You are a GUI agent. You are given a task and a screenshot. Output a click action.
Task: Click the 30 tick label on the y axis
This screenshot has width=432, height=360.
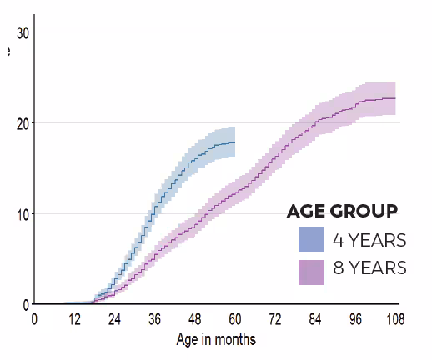point(23,32)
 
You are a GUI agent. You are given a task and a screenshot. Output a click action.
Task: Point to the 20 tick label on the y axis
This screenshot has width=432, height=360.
point(23,123)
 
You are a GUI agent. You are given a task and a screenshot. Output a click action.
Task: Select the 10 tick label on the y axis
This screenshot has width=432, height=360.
point(23,214)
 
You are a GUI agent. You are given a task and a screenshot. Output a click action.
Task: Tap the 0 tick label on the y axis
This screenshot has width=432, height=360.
point(26,304)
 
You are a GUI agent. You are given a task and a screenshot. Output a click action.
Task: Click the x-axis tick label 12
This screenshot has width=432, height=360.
point(74,318)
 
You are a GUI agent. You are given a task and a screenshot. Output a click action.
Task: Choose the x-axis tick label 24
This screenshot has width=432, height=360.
point(114,318)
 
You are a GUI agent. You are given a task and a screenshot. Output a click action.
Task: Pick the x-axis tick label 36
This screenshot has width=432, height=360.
point(154,318)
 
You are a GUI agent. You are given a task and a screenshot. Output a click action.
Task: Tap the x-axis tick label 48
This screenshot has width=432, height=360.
point(194,318)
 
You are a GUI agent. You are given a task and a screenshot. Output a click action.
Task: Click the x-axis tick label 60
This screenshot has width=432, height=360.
point(235,318)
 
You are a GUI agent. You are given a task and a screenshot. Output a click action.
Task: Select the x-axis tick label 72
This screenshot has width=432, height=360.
point(275,318)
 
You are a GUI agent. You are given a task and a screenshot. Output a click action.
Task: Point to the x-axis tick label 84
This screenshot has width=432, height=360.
point(315,318)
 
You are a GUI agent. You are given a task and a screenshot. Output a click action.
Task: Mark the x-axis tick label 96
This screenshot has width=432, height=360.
point(355,318)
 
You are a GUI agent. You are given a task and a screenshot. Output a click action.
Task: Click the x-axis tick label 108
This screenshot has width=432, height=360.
point(394,318)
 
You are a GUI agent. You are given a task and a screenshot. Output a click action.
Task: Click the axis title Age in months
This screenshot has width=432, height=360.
point(216,339)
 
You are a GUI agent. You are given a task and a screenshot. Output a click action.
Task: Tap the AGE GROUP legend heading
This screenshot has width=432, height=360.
point(341,210)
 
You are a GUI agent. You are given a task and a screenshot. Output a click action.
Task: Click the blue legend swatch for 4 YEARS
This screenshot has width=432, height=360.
point(311,239)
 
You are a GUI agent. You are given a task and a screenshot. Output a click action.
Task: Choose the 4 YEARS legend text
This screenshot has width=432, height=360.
point(369,240)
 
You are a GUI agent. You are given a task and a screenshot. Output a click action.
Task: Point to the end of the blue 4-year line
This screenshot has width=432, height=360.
point(235,142)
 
